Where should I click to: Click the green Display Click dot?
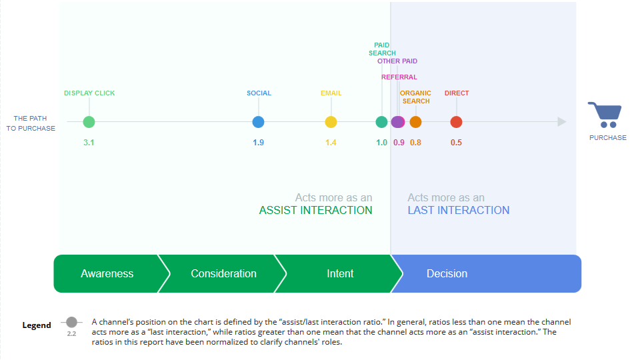pyautogui.click(x=89, y=122)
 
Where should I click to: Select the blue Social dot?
pyautogui.click(x=259, y=122)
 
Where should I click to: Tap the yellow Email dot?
pyautogui.click(x=331, y=122)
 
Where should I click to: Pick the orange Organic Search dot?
pyautogui.click(x=415, y=122)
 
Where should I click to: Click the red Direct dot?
pyautogui.click(x=456, y=122)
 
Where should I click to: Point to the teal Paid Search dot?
pyautogui.click(x=382, y=122)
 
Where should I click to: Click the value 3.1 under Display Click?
pyautogui.click(x=89, y=143)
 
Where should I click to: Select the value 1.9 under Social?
pyautogui.click(x=259, y=143)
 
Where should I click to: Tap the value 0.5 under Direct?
pyautogui.click(x=456, y=143)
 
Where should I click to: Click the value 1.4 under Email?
pyautogui.click(x=331, y=143)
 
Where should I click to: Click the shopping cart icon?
pyautogui.click(x=605, y=115)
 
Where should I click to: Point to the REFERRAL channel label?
pyautogui.click(x=399, y=77)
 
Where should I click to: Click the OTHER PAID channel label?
pyautogui.click(x=397, y=61)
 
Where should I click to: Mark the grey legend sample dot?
pyautogui.click(x=72, y=322)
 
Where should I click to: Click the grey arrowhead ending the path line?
pyautogui.click(x=562, y=122)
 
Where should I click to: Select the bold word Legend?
pyautogui.click(x=37, y=325)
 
